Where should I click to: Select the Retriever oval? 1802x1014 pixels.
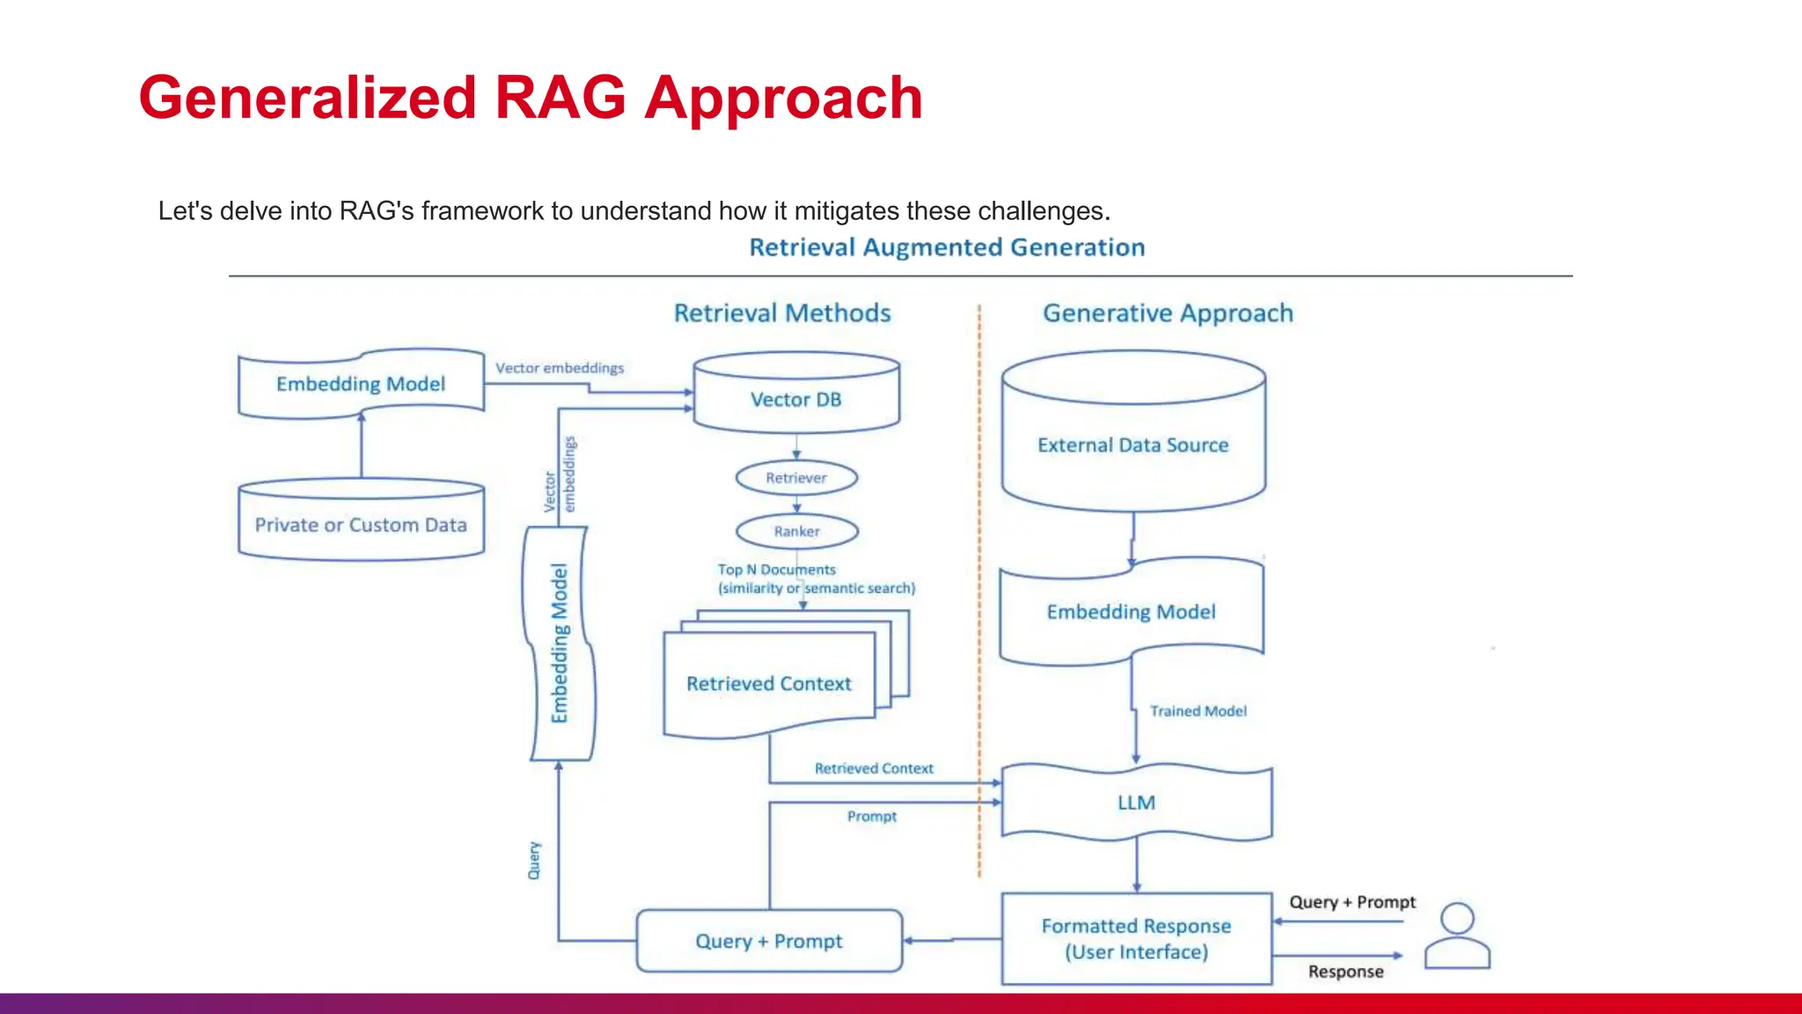796,478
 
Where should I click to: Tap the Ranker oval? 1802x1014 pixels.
796,532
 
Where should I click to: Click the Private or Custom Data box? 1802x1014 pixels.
361,525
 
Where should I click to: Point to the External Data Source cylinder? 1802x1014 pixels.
1133,445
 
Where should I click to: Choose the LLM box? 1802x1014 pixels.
1136,803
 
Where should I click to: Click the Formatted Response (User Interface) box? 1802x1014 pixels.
1136,939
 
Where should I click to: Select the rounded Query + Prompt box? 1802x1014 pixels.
769,941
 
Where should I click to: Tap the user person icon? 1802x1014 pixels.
1457,937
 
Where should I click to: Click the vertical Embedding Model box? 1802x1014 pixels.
560,643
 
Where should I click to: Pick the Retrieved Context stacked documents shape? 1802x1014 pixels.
769,684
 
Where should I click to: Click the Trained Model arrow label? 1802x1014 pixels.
1198,711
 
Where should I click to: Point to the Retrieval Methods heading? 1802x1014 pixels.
782,313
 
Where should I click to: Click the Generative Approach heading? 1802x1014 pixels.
1168,313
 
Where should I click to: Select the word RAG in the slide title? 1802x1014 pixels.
560,98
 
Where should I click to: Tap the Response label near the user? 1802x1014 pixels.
1345,972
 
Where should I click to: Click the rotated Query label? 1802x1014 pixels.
534,860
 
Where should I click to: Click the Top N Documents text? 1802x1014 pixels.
776,569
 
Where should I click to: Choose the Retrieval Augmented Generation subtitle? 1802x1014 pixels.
947,247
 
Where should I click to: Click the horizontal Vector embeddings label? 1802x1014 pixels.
560,368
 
